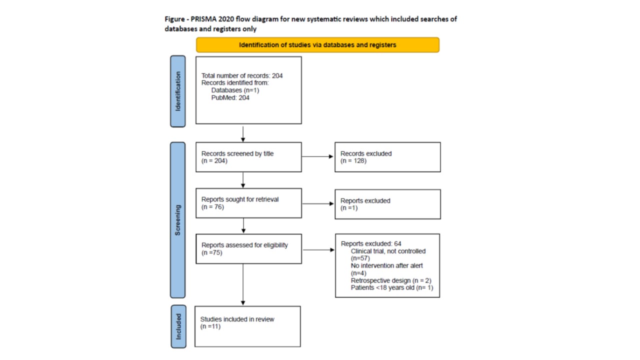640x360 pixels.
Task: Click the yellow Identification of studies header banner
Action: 317,45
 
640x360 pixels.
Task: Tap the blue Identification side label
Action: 177,91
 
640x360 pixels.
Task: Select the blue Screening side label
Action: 177,220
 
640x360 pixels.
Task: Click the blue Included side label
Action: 178,326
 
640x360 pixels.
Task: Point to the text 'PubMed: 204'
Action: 230,97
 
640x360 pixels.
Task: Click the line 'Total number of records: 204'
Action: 242,75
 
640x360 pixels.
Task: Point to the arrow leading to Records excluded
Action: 317,156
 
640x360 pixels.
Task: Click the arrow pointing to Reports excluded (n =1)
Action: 318,203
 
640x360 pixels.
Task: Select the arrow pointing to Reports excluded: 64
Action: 318,250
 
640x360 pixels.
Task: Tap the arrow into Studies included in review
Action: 243,284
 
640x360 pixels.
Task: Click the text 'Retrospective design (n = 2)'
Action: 391,280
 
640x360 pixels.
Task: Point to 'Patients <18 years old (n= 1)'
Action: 392,287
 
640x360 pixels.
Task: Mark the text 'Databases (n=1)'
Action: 235,90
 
